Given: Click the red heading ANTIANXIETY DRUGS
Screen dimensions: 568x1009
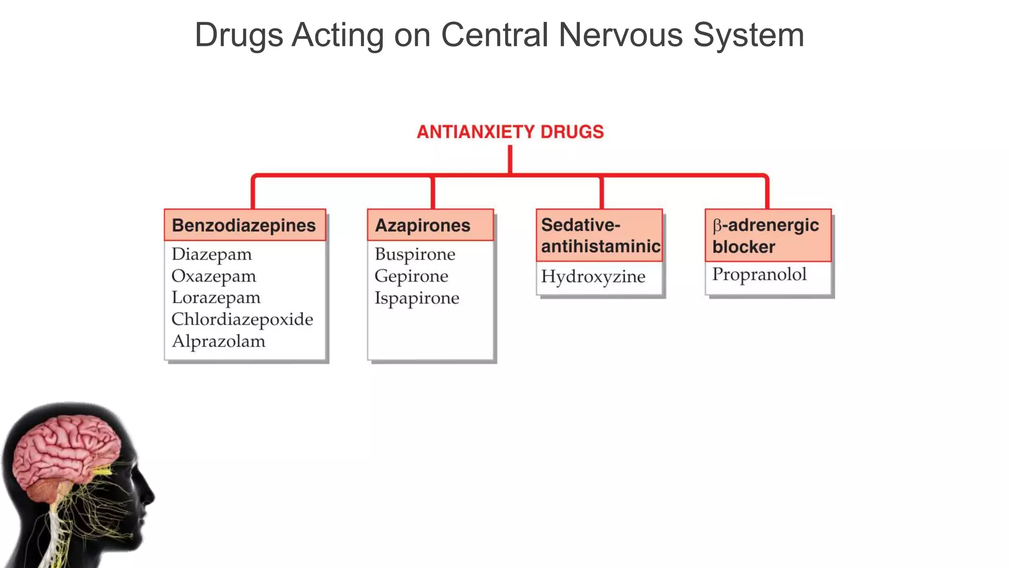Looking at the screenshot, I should [510, 132].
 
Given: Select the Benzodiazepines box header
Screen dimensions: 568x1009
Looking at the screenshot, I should [244, 225].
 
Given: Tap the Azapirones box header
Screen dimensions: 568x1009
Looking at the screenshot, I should [430, 225].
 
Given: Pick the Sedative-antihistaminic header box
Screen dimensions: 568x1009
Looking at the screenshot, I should [600, 235].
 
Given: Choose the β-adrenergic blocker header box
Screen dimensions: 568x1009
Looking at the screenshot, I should [768, 235].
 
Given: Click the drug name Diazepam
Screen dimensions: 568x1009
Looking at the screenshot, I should [212, 254].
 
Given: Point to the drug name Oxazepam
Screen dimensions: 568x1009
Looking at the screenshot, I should [214, 276].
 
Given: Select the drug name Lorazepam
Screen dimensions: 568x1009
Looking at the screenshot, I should [216, 298].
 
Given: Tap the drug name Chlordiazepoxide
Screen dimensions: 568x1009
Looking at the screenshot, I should [242, 319].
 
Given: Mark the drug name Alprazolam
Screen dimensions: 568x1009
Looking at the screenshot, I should [218, 341].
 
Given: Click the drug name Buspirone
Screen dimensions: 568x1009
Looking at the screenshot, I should [415, 254].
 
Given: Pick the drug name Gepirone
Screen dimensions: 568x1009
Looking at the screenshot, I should [411, 276].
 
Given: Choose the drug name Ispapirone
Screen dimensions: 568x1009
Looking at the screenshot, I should [417, 298].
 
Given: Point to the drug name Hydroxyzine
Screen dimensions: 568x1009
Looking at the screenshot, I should [593, 277].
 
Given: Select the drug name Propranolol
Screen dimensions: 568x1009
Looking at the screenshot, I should [759, 274].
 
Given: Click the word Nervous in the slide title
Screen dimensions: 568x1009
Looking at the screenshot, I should [621, 35].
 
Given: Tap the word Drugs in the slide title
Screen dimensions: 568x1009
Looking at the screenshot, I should [239, 35].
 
